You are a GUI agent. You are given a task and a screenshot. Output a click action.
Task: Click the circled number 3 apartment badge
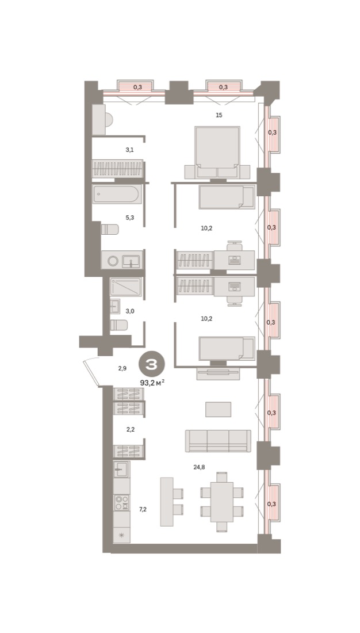pyautogui.click(x=152, y=364)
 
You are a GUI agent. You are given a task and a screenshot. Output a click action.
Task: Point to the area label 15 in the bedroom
pyautogui.click(x=219, y=115)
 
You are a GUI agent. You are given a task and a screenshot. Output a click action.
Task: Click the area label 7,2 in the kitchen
pyautogui.click(x=143, y=509)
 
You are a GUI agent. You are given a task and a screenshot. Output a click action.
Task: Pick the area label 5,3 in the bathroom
pyautogui.click(x=129, y=218)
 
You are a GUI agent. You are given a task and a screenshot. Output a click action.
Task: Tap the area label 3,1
pyautogui.click(x=129, y=150)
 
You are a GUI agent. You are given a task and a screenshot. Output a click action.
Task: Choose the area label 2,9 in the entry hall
pyautogui.click(x=122, y=368)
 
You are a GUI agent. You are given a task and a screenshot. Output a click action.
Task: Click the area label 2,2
pyautogui.click(x=131, y=429)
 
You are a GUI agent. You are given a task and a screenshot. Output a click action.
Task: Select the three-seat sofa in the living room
pyautogui.click(x=218, y=441)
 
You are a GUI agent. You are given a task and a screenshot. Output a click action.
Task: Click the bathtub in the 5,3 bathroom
pyautogui.click(x=117, y=195)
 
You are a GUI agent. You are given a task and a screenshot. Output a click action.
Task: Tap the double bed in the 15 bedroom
pyautogui.click(x=217, y=152)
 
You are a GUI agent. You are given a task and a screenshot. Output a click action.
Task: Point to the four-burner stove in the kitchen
pyautogui.click(x=122, y=502)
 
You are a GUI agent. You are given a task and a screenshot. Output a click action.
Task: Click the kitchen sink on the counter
pyautogui.click(x=121, y=469)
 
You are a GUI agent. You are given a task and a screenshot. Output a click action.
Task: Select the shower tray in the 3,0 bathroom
pyautogui.click(x=126, y=287)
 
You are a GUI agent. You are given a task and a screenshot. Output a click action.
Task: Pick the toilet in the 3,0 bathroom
pyautogui.click(x=119, y=325)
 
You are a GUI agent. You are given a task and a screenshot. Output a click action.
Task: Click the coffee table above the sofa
pyautogui.click(x=219, y=409)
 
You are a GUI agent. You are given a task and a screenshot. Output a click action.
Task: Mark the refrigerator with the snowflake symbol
pyautogui.click(x=122, y=535)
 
